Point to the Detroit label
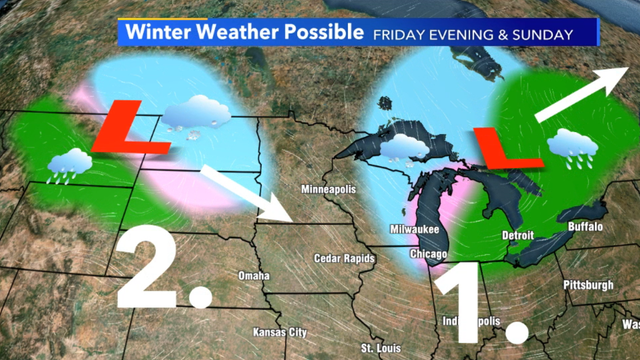tap(517, 235)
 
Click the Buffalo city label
tap(584, 228)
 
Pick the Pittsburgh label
tap(587, 285)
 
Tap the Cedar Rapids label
tap(346, 259)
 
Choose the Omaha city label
tap(254, 275)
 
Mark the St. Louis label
tap(380, 348)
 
